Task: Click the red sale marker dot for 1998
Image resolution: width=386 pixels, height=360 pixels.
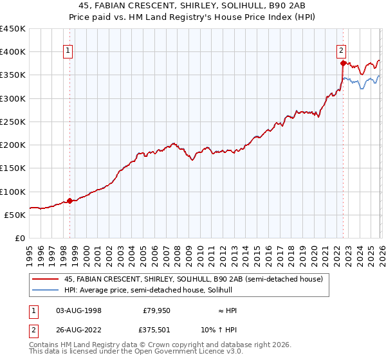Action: coord(69,201)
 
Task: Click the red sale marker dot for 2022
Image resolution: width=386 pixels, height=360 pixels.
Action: coord(343,63)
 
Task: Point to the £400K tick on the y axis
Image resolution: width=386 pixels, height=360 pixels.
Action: coord(13,52)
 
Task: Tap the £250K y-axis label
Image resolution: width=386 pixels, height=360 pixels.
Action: coord(13,122)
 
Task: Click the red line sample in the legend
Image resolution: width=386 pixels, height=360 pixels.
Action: coord(46,279)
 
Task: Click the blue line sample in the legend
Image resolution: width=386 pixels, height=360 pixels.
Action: coord(46,291)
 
